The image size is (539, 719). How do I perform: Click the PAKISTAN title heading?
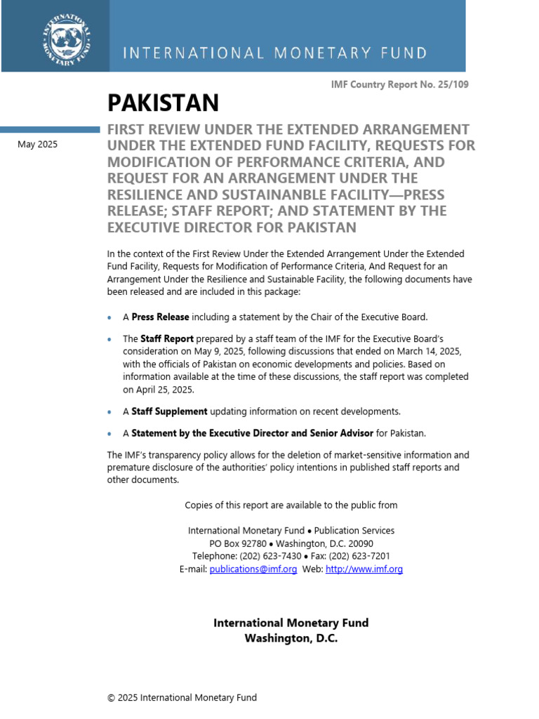[x=163, y=103]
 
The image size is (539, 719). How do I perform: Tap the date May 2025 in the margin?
[x=38, y=145]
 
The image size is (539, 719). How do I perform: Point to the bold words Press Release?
[x=160, y=317]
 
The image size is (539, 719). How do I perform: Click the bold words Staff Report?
[x=167, y=338]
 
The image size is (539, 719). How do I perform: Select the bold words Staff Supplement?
[x=169, y=411]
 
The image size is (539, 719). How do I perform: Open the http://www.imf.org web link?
[x=364, y=569]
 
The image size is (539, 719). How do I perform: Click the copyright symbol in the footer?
[x=111, y=697]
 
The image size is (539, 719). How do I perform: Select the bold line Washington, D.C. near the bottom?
[x=291, y=639]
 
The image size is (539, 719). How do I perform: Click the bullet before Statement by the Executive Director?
[x=109, y=434]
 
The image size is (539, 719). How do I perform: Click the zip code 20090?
[x=358, y=543]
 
